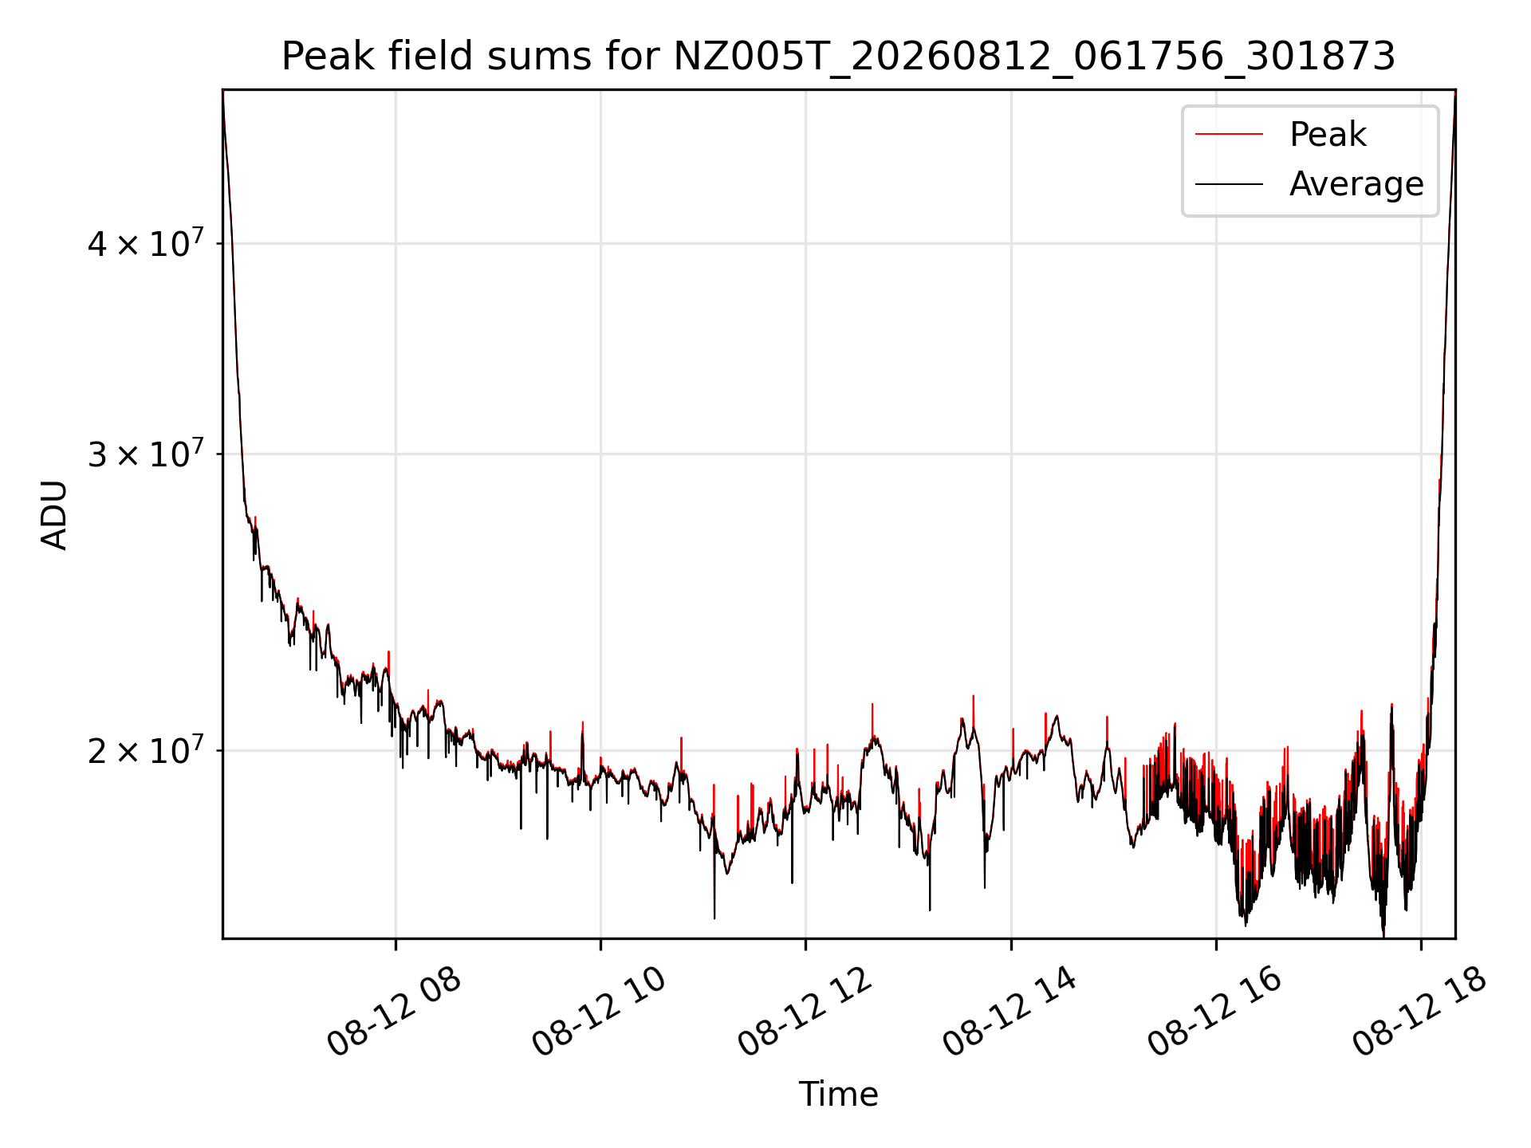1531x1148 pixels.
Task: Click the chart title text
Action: [838, 57]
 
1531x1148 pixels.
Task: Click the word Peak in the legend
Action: [1328, 135]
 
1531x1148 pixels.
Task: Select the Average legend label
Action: [1356, 184]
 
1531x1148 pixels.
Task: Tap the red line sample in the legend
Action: [1229, 135]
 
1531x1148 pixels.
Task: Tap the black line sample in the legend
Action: [1229, 184]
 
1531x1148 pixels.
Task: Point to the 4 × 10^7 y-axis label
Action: [145, 243]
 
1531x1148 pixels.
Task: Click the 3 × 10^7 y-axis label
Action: [145, 454]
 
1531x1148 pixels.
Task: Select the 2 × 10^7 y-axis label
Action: [145, 750]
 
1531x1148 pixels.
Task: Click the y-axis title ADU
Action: [54, 515]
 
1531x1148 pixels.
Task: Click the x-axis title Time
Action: [838, 1095]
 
